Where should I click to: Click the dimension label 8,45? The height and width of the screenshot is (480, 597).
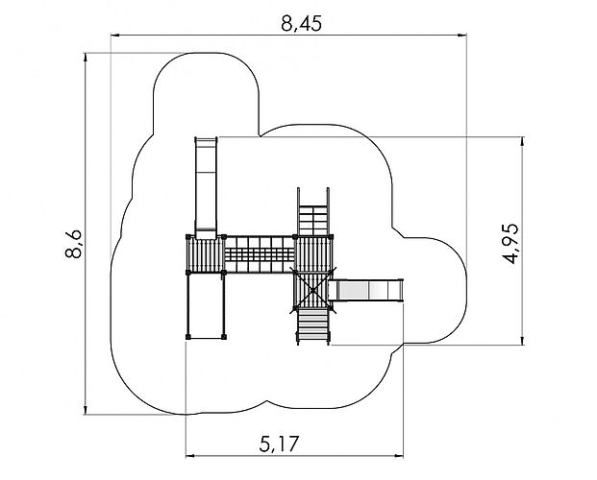(301, 24)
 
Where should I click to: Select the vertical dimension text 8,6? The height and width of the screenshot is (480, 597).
(73, 244)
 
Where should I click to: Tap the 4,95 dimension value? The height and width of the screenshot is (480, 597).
(510, 244)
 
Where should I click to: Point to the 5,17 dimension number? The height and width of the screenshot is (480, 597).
(279, 444)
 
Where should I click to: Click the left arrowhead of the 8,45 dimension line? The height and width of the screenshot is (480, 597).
(115, 36)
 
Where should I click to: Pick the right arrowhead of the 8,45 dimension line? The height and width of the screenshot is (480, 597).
(461, 36)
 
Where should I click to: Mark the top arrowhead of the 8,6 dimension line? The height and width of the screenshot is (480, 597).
(86, 58)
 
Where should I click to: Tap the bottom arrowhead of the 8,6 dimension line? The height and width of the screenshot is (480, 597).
(86, 410)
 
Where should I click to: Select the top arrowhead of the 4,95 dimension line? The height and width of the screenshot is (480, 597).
(523, 141)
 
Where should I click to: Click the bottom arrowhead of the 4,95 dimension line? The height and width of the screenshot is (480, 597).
(523, 341)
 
